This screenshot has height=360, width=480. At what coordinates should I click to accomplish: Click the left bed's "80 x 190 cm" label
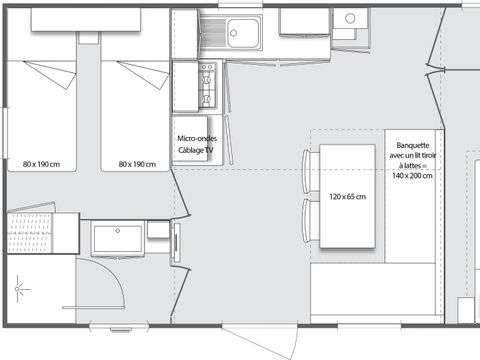tap(41, 164)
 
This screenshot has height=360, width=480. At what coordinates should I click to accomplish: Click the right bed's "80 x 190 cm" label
tap(137, 164)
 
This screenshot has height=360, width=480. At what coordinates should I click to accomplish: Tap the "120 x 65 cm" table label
tap(347, 197)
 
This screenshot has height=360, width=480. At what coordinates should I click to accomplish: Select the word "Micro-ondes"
tap(197, 138)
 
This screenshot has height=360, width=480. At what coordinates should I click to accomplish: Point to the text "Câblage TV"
tap(196, 150)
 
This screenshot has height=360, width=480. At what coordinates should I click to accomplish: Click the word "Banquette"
tap(413, 145)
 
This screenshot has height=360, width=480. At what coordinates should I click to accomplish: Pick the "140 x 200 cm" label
tap(412, 175)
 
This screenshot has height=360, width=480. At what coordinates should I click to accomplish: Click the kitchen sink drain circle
tap(234, 33)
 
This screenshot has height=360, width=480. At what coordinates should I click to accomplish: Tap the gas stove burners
tap(207, 85)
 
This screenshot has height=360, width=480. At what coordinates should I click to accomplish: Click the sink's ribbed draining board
tap(213, 32)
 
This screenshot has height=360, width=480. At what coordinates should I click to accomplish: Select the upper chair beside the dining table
tap(311, 171)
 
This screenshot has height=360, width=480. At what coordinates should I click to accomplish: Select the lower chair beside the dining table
tap(311, 221)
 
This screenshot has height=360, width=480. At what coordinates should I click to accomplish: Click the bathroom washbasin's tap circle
tap(118, 231)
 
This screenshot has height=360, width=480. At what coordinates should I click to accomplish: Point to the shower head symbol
tap(18, 289)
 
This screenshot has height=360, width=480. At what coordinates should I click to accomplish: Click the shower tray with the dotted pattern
tap(30, 233)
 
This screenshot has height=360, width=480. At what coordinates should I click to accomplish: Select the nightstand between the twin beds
tap(89, 38)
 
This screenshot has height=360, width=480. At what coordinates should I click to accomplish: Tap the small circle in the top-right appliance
tap(350, 18)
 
